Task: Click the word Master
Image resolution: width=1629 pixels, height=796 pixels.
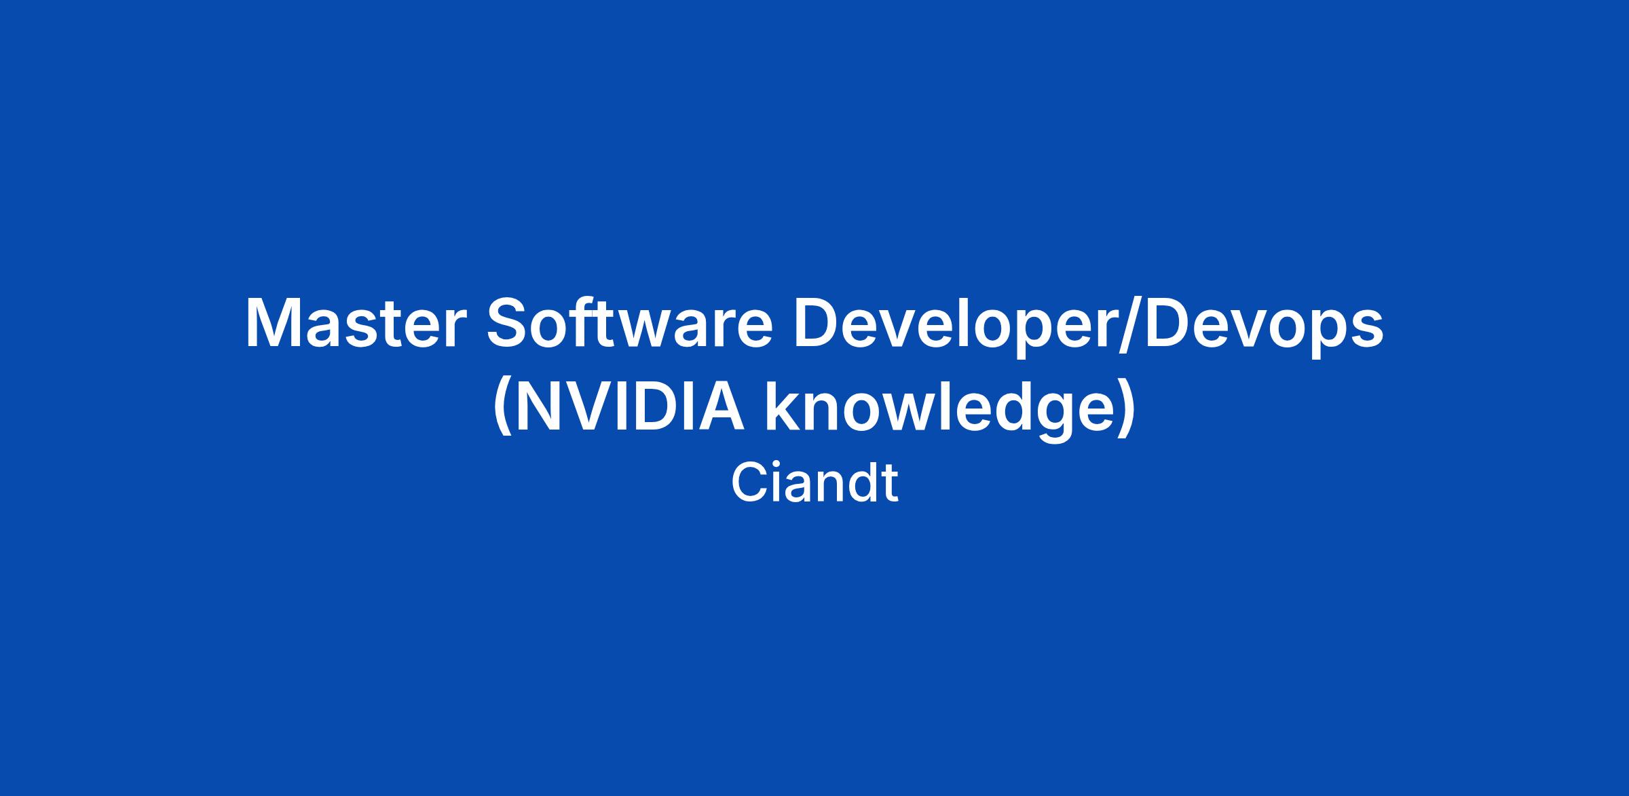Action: [352, 324]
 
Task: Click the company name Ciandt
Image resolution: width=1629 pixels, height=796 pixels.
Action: [814, 482]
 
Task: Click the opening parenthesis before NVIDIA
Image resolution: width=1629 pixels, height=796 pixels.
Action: [504, 410]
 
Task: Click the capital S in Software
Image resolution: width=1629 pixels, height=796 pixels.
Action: [509, 323]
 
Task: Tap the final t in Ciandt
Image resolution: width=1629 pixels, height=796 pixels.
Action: [890, 485]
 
